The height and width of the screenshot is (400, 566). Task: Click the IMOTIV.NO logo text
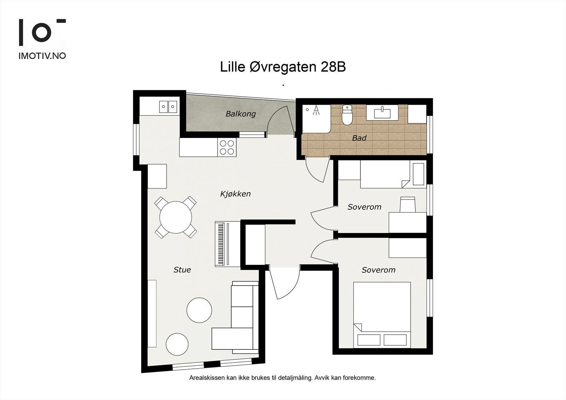pos(42,56)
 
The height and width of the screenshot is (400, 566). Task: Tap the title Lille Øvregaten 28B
pos(283,67)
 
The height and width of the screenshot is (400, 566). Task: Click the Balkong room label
pos(241,114)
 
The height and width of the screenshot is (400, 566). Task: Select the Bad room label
pos(359,138)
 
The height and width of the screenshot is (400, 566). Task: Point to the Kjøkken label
pos(235,194)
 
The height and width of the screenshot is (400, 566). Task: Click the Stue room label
pos(182,269)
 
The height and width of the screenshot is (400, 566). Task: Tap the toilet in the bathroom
pos(347,115)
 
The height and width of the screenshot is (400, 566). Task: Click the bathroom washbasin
pos(382,112)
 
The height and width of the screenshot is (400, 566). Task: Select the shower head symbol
pos(316,110)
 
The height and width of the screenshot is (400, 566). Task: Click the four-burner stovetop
pos(227,147)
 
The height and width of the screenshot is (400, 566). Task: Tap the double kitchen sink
pos(168,107)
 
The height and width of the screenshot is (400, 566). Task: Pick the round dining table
pos(175,217)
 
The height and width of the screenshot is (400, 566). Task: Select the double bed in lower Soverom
pos(382,315)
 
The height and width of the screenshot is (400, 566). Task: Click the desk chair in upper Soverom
pos(408,204)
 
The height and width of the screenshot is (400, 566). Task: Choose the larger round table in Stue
pos(199,310)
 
